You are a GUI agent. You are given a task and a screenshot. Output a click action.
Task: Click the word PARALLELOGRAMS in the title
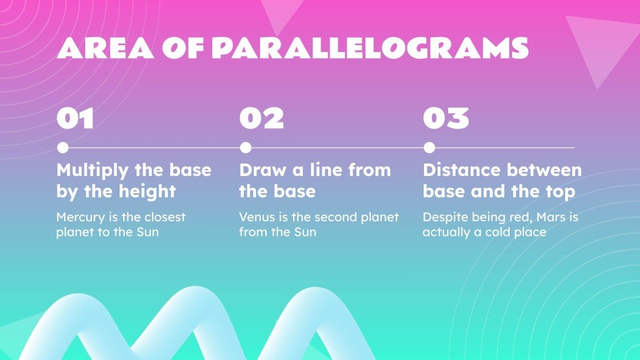tap(370, 48)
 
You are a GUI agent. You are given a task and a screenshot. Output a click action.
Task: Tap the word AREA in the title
tap(105, 48)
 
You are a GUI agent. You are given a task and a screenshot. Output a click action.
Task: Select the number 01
tap(75, 118)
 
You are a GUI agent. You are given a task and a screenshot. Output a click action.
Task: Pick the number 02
tap(261, 118)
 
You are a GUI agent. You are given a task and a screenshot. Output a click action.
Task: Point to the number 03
tap(446, 118)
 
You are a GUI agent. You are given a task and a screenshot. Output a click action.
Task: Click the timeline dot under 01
tap(63, 148)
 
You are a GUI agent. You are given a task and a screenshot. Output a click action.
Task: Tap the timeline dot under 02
tap(246, 148)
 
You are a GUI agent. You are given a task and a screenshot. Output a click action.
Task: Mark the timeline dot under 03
tap(429, 148)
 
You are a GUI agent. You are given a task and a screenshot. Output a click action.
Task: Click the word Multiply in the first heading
tap(93, 171)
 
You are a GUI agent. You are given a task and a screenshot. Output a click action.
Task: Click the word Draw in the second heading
tap(262, 170)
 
